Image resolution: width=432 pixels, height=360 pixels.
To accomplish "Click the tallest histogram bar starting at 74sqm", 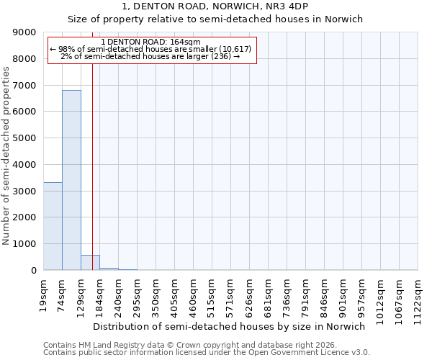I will point(71,180).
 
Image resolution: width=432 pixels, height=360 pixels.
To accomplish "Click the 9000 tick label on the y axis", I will point(24,32).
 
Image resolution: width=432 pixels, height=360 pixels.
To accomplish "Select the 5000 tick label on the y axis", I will point(24,138).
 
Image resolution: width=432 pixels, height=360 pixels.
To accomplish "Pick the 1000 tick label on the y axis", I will point(24,244).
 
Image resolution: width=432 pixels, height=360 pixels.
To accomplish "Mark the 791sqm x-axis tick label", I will point(306,294).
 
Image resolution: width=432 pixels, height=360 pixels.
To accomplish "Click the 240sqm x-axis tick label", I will point(119,294).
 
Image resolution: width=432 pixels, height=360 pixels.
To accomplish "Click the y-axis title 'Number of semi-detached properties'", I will point(6,155).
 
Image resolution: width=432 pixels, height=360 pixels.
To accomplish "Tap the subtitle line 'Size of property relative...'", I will point(215,19).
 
